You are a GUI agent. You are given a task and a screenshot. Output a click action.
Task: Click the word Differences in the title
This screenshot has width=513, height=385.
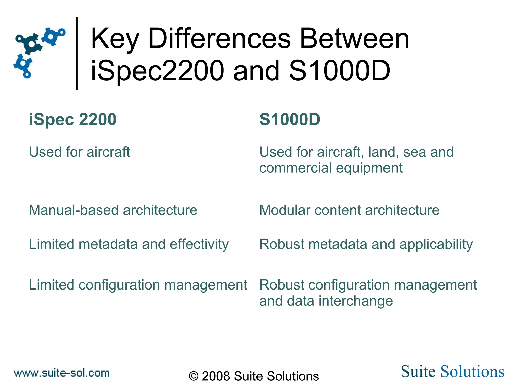pos(219,39)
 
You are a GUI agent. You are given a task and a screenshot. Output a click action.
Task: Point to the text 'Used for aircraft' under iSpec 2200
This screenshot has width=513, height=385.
pos(79,152)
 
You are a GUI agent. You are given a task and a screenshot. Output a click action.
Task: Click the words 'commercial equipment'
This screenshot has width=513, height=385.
pos(331,168)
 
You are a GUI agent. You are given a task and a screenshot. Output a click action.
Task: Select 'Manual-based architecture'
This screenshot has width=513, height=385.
pos(113,210)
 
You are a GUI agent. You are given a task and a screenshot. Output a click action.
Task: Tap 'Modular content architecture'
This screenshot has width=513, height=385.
pos(349,210)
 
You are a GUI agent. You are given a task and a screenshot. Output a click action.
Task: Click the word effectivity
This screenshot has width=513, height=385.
pos(199,244)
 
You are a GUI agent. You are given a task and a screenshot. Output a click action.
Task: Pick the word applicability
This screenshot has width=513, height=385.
pos(436,244)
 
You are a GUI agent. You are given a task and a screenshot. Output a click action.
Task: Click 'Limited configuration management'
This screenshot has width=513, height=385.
pos(138,285)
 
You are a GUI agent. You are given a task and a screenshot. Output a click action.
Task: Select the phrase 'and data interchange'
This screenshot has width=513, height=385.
pos(326,301)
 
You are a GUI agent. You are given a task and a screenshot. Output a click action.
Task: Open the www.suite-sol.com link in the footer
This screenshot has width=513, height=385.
pos(62,373)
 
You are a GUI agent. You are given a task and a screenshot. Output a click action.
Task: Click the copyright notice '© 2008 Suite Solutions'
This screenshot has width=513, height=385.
pos(253,376)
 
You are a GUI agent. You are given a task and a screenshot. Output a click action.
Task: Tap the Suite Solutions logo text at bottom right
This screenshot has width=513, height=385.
pos(452,371)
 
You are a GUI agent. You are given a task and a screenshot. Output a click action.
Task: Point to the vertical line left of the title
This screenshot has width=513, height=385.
pos(77,53)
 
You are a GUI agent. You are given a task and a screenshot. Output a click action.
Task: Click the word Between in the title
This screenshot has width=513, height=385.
pos(354,39)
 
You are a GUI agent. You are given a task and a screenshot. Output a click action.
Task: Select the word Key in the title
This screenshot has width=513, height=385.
pos(115,39)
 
